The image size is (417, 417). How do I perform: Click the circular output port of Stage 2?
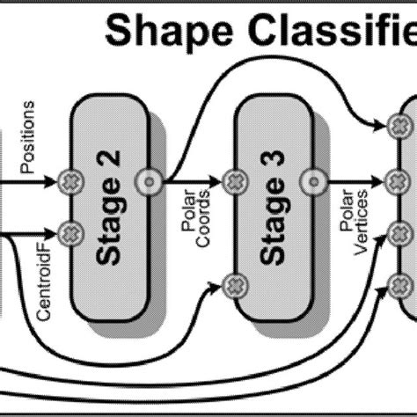[149, 182]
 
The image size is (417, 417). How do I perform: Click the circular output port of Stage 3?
[311, 182]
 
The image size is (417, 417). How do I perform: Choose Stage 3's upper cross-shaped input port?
[232, 182]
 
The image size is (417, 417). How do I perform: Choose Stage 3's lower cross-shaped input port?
[232, 283]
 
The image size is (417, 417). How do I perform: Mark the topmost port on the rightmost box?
[398, 127]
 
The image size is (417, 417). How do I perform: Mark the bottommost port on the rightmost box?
[398, 283]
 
